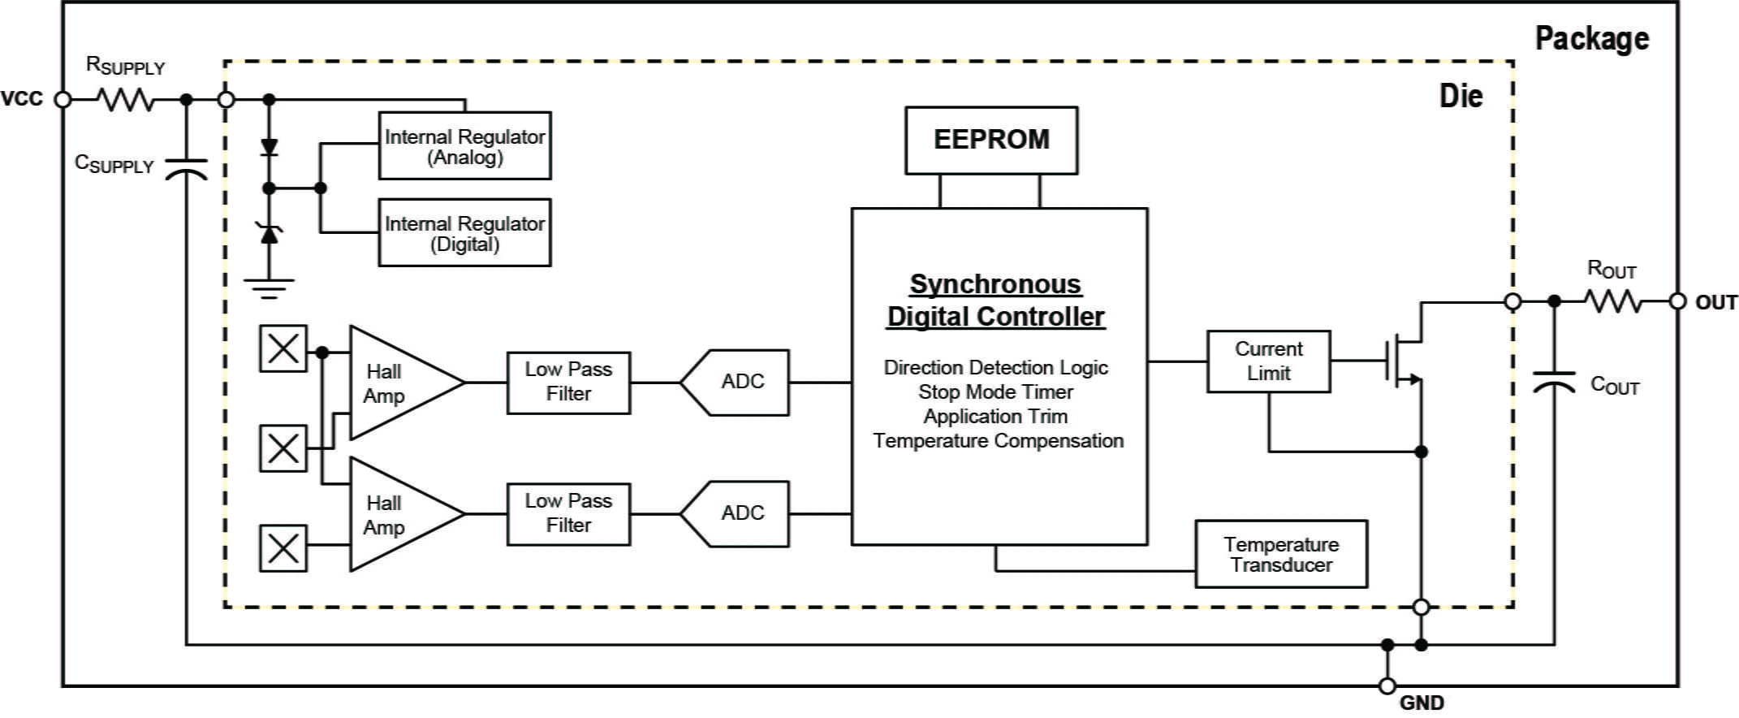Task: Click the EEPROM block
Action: (x=991, y=140)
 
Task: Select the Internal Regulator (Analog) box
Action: (x=464, y=146)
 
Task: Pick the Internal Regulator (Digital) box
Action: (x=464, y=233)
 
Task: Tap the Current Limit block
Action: (x=1268, y=361)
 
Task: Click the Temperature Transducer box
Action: (x=1281, y=554)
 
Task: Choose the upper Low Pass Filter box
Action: (x=568, y=383)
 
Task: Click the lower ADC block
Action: (x=736, y=514)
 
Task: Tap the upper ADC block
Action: (x=736, y=383)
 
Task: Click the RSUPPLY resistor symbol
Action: (x=125, y=100)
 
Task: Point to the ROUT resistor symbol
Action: (x=1614, y=301)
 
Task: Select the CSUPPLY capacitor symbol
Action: (x=187, y=169)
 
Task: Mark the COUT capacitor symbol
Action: (x=1554, y=382)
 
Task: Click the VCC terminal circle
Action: (x=63, y=100)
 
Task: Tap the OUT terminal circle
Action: (x=1677, y=301)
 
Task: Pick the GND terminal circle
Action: (x=1387, y=686)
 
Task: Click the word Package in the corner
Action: (x=1591, y=38)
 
